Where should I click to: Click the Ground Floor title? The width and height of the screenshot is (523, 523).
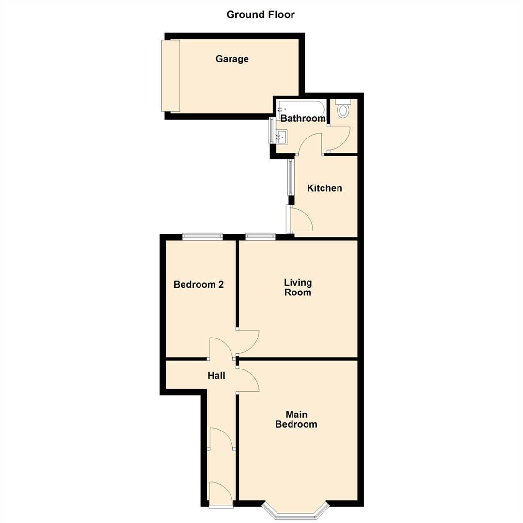261,15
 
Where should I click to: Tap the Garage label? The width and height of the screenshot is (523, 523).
232,59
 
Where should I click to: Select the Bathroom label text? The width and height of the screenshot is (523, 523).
303,118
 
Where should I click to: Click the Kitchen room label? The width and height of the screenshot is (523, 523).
324,188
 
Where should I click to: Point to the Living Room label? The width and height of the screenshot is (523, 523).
298,287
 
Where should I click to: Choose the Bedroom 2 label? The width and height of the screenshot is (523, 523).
199,285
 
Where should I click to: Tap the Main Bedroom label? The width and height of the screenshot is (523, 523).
296,419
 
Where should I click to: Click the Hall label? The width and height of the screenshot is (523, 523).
216,375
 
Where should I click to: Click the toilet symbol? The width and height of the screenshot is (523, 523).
343,108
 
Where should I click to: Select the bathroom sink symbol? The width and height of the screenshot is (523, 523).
281,137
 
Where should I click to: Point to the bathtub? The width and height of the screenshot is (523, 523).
302,108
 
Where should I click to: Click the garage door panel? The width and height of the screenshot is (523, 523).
170,76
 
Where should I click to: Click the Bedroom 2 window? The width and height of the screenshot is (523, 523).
202,237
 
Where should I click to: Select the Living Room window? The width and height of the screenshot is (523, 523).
260,237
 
